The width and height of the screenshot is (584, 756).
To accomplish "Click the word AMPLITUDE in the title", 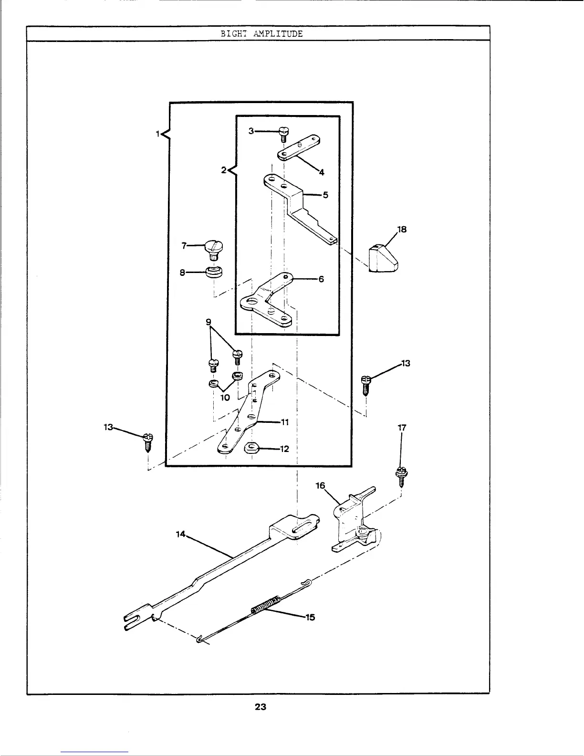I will tap(278, 34).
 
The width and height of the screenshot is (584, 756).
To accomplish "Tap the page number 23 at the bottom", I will tap(260, 707).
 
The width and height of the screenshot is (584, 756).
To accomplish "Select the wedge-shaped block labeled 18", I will tap(384, 259).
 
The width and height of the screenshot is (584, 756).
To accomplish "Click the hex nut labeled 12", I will tap(251, 448).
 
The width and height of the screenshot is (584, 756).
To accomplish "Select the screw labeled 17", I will tap(401, 475).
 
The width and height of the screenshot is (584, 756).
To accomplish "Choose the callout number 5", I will tap(325, 195).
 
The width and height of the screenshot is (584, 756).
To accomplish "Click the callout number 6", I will tap(321, 279).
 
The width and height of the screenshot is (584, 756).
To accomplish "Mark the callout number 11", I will tap(285, 422).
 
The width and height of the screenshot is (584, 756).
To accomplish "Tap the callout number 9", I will tap(209, 322).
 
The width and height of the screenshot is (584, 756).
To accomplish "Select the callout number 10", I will tap(225, 397).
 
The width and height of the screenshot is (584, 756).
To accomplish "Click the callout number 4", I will tap(322, 172).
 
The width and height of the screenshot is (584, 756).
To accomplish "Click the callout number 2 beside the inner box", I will tap(223, 170).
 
